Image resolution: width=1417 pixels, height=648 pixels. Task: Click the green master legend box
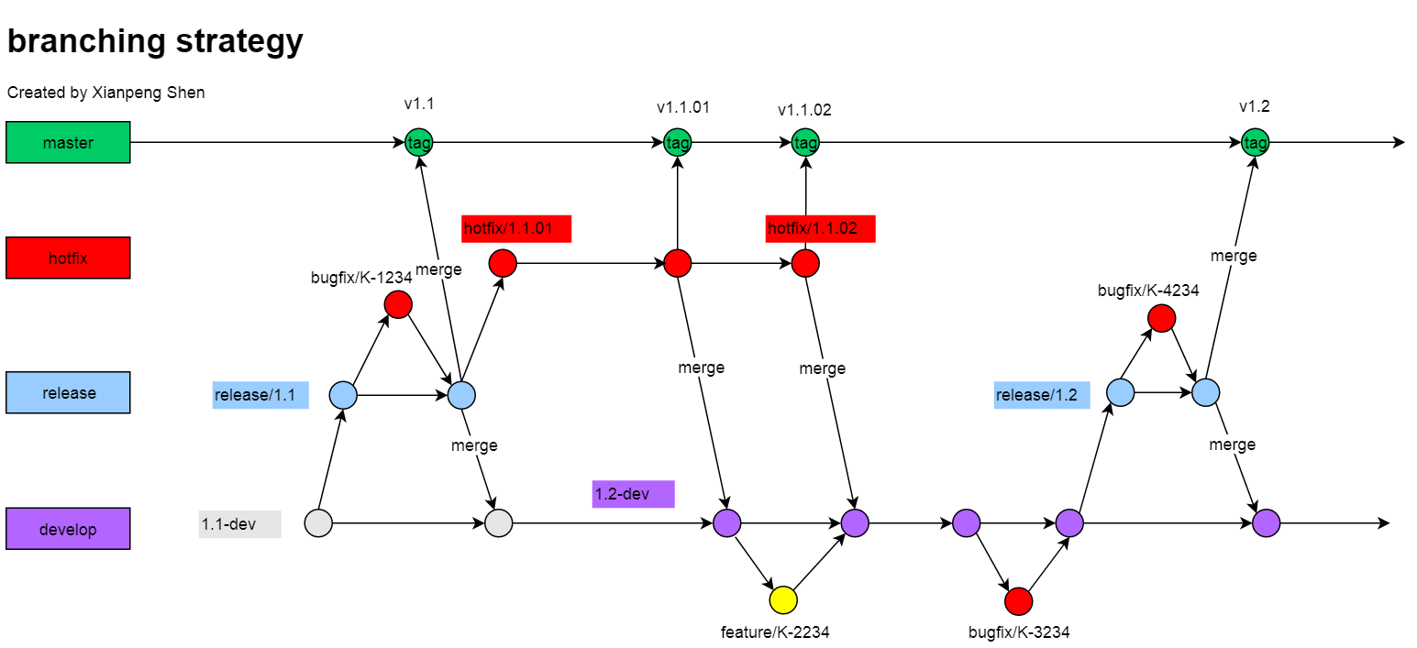pos(68,142)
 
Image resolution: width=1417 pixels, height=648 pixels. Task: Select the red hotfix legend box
pos(68,258)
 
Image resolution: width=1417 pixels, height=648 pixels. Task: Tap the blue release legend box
pos(68,392)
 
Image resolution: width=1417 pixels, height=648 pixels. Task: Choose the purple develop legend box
pos(68,529)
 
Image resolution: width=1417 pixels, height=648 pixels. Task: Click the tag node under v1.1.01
pos(677,142)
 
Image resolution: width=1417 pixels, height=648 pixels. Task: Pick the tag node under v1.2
pos(1255,142)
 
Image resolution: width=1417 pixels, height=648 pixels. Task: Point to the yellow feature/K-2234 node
pos(783,600)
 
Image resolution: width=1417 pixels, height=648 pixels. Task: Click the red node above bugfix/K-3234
pos(1019,601)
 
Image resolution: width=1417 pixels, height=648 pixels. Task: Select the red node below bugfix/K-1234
pos(398,304)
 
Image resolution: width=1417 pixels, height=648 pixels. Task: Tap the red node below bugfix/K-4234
pos(1161,318)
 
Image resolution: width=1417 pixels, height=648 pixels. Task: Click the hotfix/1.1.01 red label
pos(516,228)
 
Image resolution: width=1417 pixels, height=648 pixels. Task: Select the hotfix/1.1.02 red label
pos(820,228)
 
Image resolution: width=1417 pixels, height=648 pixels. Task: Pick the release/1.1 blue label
pos(260,395)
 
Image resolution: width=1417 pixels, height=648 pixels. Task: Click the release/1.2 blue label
pos(1042,395)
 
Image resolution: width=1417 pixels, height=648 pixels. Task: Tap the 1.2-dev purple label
pos(633,494)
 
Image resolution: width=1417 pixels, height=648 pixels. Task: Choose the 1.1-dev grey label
pos(239,524)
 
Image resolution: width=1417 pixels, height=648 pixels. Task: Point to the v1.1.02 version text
pos(804,110)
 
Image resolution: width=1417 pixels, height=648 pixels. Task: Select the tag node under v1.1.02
pos(805,142)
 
